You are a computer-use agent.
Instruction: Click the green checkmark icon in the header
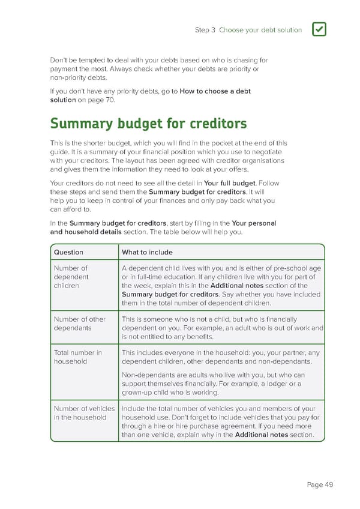pyautogui.click(x=319, y=29)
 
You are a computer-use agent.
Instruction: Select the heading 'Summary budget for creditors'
pyautogui.click(x=148, y=124)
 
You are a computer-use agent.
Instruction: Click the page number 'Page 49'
pyautogui.click(x=320, y=485)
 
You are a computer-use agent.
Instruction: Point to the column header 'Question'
pyautogui.click(x=68, y=252)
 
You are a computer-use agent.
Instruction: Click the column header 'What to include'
pyautogui.click(x=147, y=252)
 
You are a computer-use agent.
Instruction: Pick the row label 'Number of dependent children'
pyautogui.click(x=71, y=277)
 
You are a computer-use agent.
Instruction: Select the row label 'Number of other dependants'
pyautogui.click(x=80, y=324)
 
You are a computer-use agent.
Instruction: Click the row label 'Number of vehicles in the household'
pyautogui.click(x=84, y=413)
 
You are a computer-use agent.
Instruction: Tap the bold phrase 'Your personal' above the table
pyautogui.click(x=254, y=223)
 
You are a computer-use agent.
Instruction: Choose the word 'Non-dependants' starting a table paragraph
pyautogui.click(x=146, y=375)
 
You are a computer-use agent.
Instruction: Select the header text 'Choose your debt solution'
pyautogui.click(x=260, y=30)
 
